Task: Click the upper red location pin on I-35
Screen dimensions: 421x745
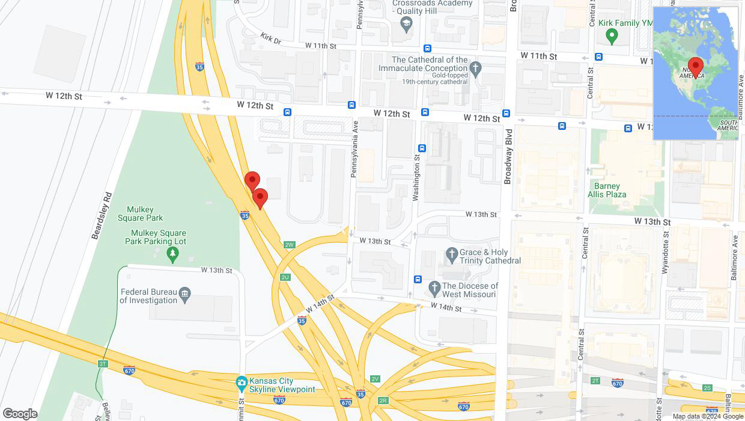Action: [x=252, y=180]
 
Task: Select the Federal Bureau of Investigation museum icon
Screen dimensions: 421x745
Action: [x=185, y=293]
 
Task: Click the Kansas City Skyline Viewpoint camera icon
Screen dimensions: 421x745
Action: [x=242, y=382]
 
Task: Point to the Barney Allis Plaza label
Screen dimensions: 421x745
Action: [x=607, y=190]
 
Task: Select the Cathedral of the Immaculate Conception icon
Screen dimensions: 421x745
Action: [x=476, y=68]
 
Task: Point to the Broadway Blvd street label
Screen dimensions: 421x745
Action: [x=508, y=156]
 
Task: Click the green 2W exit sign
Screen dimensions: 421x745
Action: [x=290, y=245]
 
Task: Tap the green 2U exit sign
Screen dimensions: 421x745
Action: [x=285, y=277]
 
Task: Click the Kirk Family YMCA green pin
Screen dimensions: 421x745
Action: [x=612, y=36]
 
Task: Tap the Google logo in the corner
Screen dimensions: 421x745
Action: [x=20, y=414]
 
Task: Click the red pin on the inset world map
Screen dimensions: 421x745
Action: [x=696, y=66]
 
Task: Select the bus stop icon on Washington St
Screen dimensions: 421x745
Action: [x=422, y=148]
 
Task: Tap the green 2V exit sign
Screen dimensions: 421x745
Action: [x=376, y=379]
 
